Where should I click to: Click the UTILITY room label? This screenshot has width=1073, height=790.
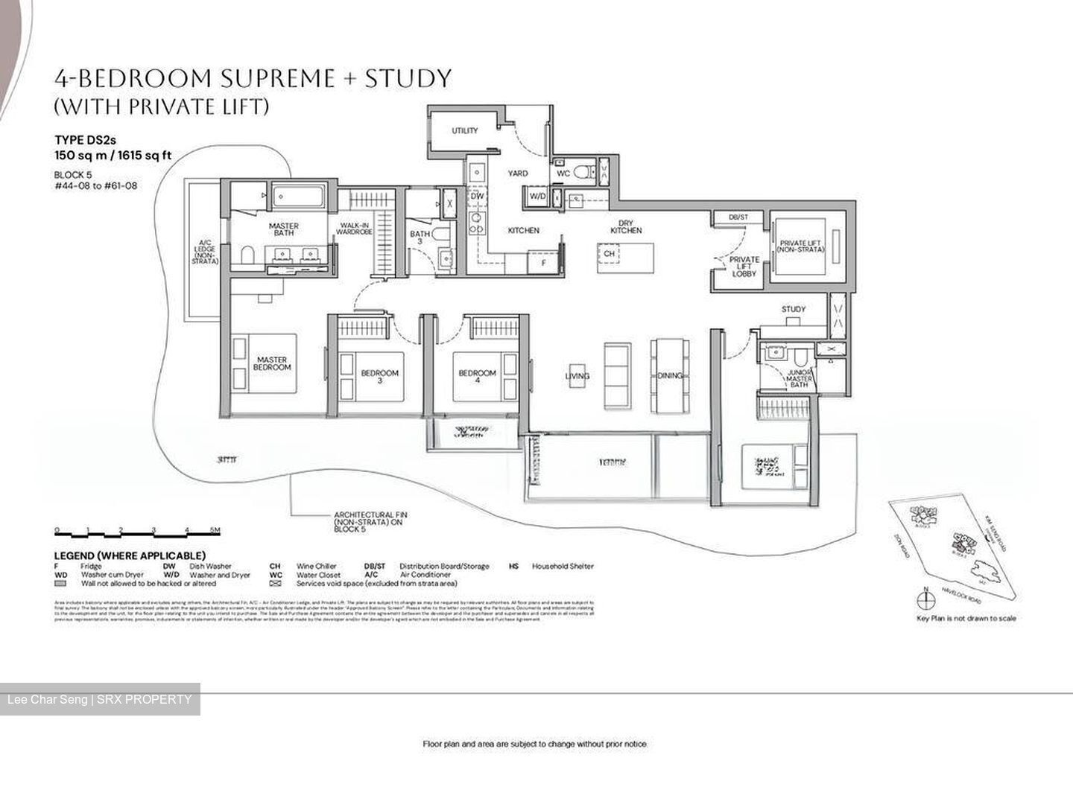tap(464, 131)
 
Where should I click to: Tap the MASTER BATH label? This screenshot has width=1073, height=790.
tap(283, 229)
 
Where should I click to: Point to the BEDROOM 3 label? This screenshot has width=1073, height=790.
tap(379, 377)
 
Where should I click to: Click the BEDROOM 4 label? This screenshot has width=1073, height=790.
tap(477, 377)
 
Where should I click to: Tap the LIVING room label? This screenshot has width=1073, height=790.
tap(577, 376)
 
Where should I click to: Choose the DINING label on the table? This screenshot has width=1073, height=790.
tap(670, 376)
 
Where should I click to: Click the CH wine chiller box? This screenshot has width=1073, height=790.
tap(610, 254)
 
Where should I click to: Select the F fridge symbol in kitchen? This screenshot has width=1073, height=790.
tap(543, 263)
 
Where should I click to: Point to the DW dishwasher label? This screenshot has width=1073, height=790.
tap(477, 197)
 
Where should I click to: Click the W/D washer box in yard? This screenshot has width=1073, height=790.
tap(536, 197)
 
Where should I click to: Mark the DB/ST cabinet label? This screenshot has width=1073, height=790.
tap(738, 217)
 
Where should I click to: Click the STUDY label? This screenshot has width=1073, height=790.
tap(793, 309)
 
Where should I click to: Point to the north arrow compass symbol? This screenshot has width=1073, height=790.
tap(925, 598)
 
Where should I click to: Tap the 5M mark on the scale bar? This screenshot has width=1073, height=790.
tap(215, 531)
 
